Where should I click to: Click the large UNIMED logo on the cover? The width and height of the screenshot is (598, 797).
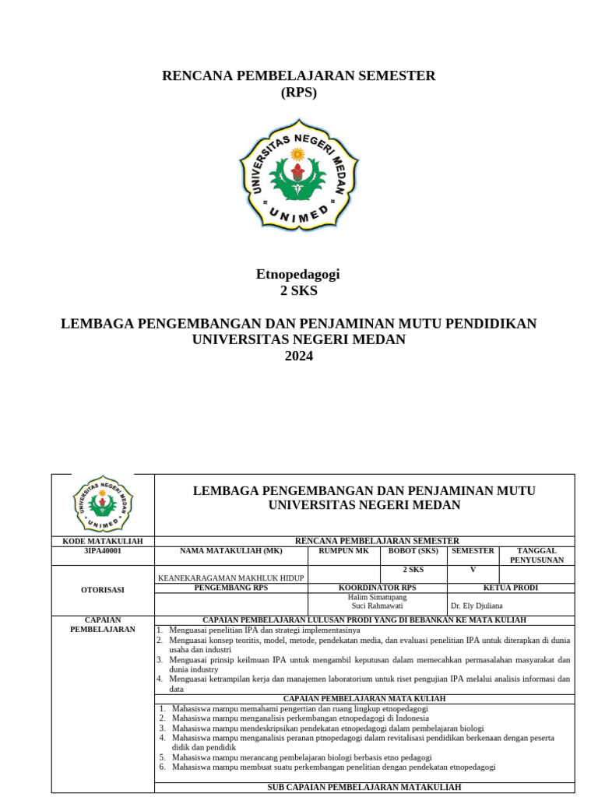pos(298,174)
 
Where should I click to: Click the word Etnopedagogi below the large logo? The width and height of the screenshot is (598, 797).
pos(298,274)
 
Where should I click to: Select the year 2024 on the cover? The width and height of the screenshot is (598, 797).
pos(298,356)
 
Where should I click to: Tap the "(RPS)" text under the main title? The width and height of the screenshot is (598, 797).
pos(298,92)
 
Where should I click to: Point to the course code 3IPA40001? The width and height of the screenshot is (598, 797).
pos(103,550)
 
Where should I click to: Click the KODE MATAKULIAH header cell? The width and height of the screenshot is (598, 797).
pos(103,541)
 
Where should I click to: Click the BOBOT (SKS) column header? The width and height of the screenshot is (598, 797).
pos(413,550)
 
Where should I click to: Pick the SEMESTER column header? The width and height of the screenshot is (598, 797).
pos(473,550)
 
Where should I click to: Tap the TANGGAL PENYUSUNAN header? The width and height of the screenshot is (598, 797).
pos(536,555)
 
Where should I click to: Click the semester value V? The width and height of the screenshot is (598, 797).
pos(473,569)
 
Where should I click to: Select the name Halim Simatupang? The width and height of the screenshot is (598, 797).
pos(377,597)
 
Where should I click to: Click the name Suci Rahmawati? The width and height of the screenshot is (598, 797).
pos(377,606)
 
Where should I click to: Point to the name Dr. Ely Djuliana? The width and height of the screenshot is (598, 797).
pos(477,606)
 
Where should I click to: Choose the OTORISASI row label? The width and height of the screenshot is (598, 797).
pos(103,590)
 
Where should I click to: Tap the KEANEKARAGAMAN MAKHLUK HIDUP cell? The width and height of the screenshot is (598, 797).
pos(231,578)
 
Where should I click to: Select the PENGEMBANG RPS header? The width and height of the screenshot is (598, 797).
pos(231,588)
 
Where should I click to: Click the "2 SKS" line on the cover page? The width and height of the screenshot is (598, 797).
pos(298,291)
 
